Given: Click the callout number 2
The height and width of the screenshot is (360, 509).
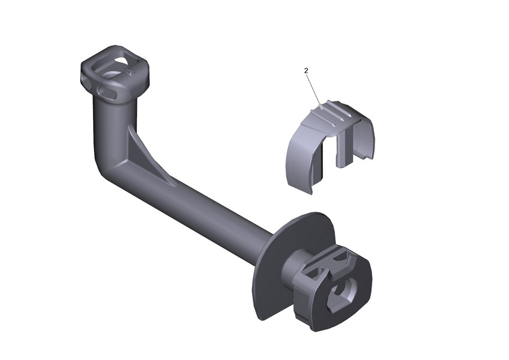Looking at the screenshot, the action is (306, 70).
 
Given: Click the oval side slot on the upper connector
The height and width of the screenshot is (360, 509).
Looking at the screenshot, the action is (106, 92).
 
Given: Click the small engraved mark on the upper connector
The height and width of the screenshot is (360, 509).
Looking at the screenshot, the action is (130, 71).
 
